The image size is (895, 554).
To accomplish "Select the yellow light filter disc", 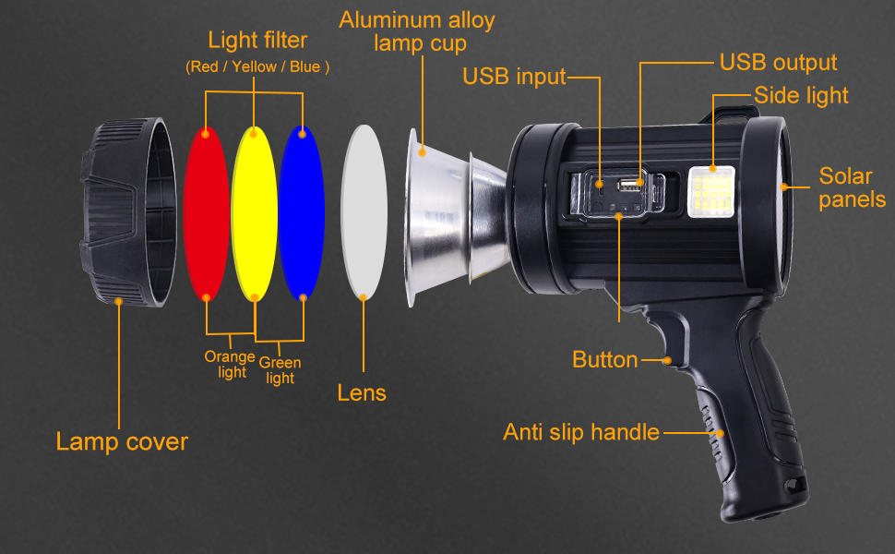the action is pyautogui.click(x=253, y=212).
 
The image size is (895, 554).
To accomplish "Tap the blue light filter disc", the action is pyautogui.click(x=302, y=212).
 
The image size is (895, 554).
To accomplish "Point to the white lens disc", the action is pyautogui.click(x=364, y=212).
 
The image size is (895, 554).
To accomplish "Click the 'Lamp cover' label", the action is pyautogui.click(x=122, y=441).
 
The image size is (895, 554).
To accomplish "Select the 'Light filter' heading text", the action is pyautogui.click(x=257, y=40).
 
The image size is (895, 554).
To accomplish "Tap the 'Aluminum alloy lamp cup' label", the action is pyautogui.click(x=417, y=31).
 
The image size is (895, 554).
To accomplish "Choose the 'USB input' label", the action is pyautogui.click(x=514, y=77).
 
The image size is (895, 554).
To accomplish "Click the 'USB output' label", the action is pyautogui.click(x=778, y=62).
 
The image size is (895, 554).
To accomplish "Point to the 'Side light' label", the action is pyautogui.click(x=801, y=95).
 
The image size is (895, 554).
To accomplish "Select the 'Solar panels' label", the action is pyautogui.click(x=852, y=187).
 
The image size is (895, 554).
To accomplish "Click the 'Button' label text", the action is pyautogui.click(x=604, y=359).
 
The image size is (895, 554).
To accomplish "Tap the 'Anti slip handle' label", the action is pyautogui.click(x=581, y=431).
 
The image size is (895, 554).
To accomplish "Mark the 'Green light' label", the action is pyautogui.click(x=280, y=370).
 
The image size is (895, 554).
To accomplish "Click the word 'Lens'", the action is pyautogui.click(x=362, y=392).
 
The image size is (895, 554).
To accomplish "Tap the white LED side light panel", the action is pyautogui.click(x=711, y=192).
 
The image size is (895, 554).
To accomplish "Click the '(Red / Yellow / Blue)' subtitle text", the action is pyautogui.click(x=257, y=66).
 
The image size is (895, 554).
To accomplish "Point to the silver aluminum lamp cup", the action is pyautogui.click(x=443, y=212).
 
